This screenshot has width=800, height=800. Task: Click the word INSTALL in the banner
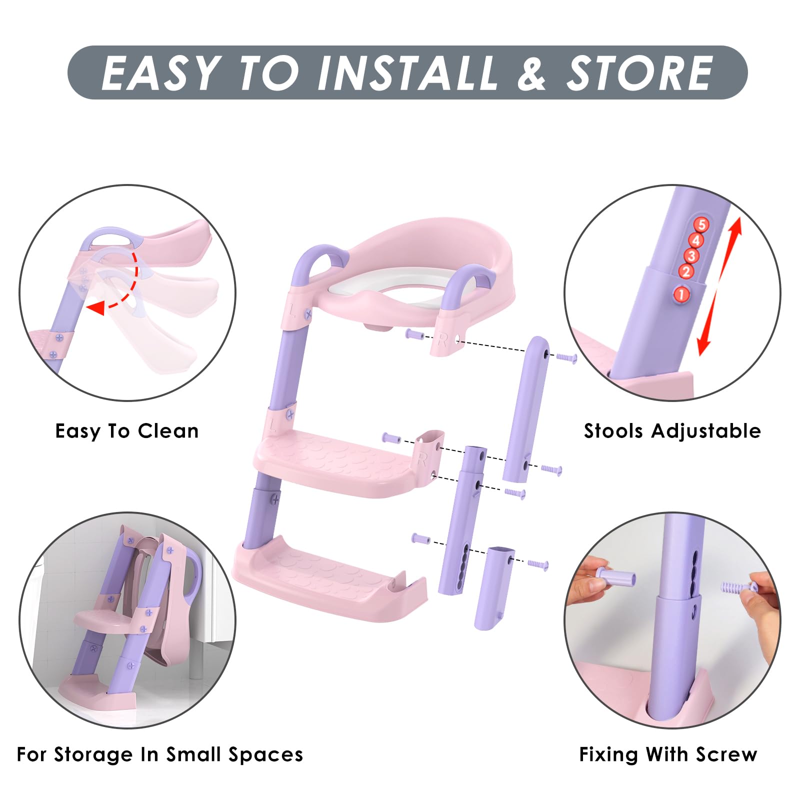407,73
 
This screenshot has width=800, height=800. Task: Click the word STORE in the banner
639,73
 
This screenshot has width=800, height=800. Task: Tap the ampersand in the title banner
531,73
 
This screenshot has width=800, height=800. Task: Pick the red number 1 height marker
681,294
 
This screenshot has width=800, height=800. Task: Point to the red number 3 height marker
691,256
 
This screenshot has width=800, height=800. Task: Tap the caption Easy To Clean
127,431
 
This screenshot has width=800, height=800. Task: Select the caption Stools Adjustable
672,431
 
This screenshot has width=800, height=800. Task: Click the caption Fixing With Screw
668,754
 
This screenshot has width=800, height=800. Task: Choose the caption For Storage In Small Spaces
160,754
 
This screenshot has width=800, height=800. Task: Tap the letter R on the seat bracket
442,341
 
